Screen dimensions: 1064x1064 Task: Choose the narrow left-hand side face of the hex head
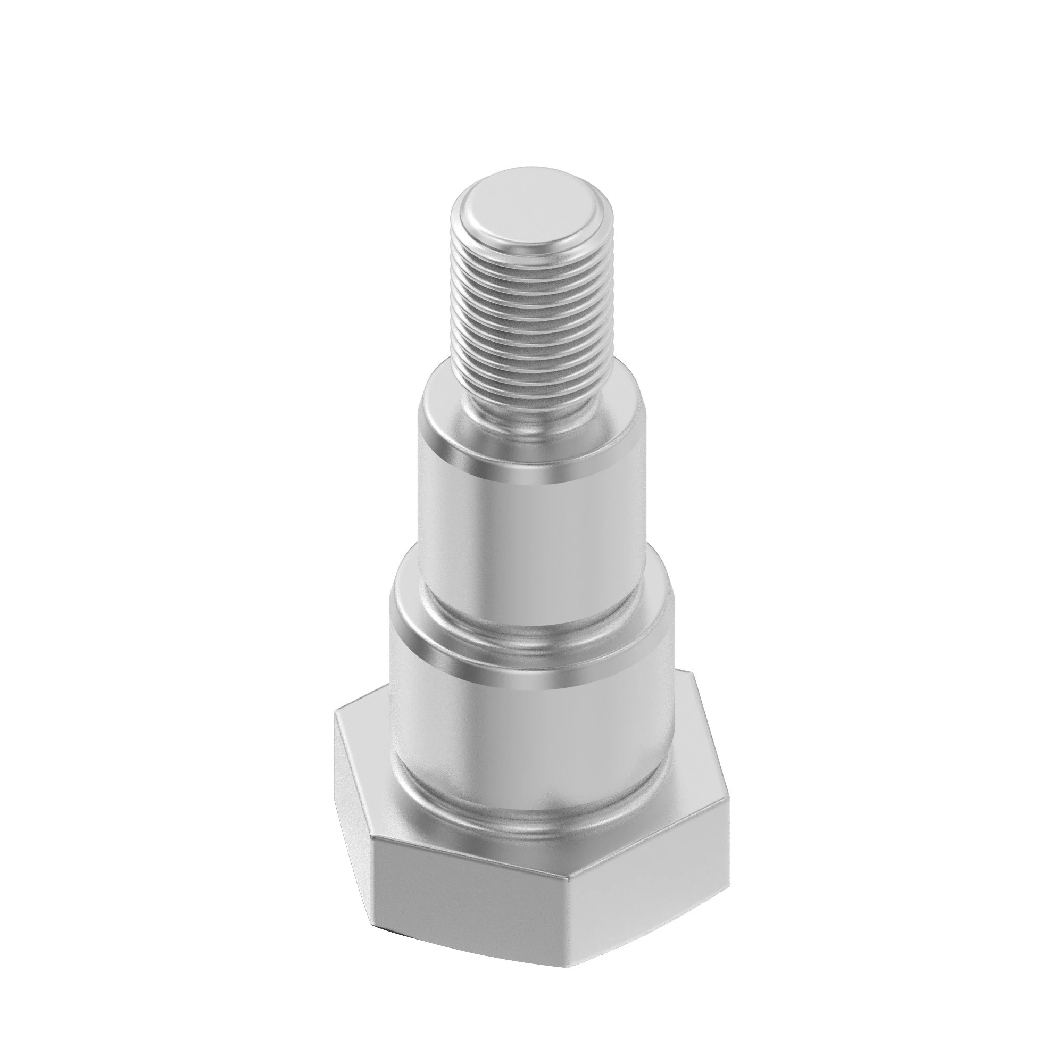click(353, 799)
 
